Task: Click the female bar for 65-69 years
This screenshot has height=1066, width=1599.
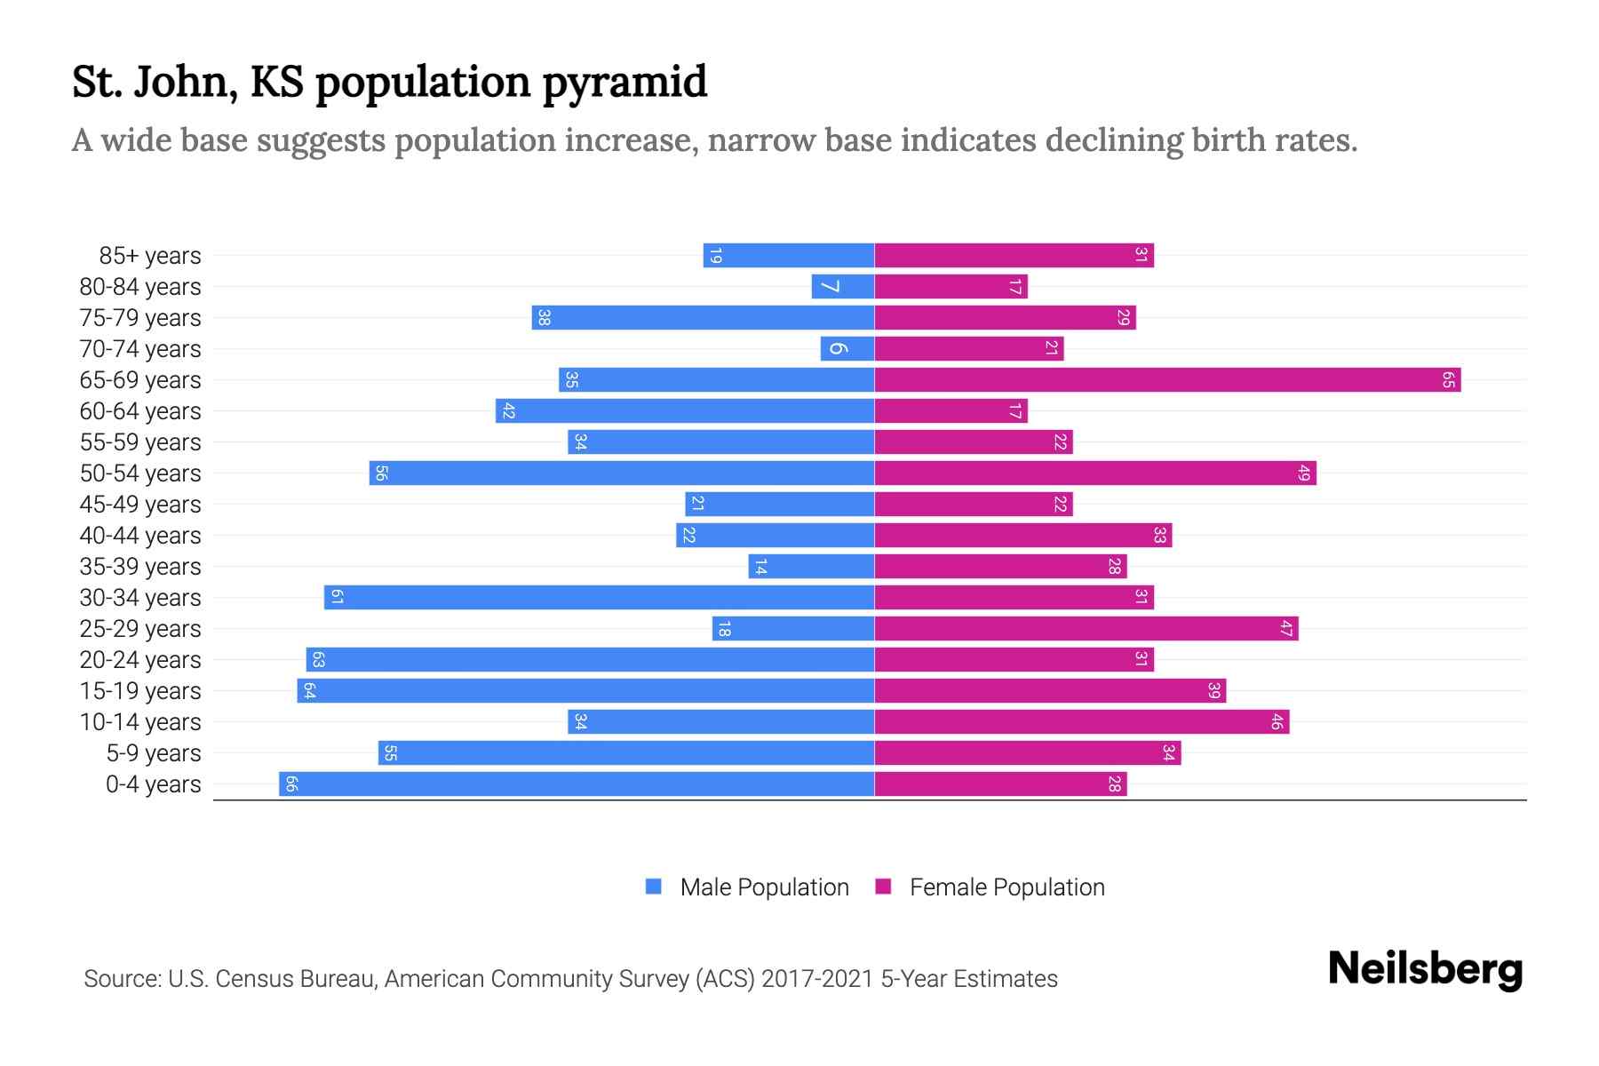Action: pos(1167,380)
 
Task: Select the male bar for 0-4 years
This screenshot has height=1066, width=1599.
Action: pos(577,784)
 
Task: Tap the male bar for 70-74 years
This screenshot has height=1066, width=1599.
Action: pos(847,349)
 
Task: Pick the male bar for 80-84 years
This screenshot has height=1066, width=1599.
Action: pos(843,287)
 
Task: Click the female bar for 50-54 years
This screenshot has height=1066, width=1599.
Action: pos(1095,473)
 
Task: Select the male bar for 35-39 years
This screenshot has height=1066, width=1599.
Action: pos(812,567)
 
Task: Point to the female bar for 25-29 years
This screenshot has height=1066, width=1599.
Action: pos(1086,629)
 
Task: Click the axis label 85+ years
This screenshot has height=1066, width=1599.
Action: pos(150,256)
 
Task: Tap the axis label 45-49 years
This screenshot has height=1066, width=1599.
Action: pos(140,505)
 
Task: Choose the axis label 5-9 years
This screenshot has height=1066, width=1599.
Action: pos(154,753)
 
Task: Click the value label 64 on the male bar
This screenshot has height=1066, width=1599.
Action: pos(309,691)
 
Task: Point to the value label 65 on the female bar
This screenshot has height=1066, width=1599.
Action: pos(1448,380)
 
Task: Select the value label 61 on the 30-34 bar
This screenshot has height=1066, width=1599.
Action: pos(337,598)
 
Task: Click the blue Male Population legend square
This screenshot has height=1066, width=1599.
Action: pos(654,887)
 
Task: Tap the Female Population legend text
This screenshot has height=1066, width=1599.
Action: pos(1006,887)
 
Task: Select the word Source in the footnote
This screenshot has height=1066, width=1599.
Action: pos(121,979)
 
